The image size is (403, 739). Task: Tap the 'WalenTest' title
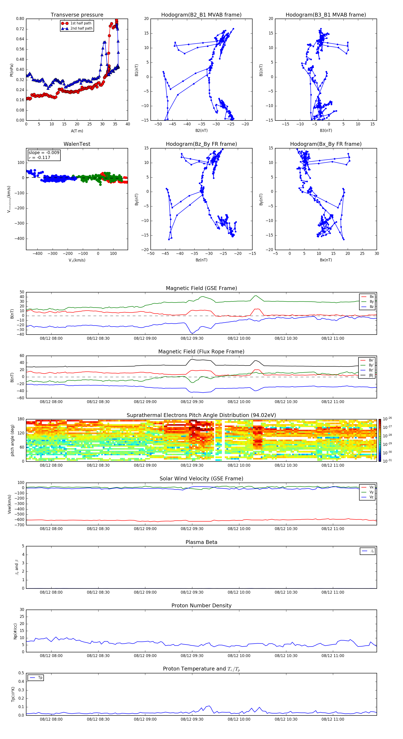click(x=77, y=144)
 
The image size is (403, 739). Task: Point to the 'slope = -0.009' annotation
click(x=44, y=153)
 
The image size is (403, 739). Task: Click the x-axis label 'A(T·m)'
click(x=77, y=131)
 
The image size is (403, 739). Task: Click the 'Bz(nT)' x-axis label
click(x=201, y=260)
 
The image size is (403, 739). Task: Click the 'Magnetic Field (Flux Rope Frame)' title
click(x=201, y=352)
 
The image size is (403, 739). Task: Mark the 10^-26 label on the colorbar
click(x=387, y=419)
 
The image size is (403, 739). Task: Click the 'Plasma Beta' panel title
click(x=201, y=542)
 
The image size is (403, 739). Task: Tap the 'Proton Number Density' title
click(x=201, y=606)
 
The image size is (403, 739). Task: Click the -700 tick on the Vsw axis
click(x=20, y=525)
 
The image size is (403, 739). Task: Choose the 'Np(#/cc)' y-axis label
click(x=15, y=631)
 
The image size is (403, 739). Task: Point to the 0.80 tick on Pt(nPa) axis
click(x=20, y=19)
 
